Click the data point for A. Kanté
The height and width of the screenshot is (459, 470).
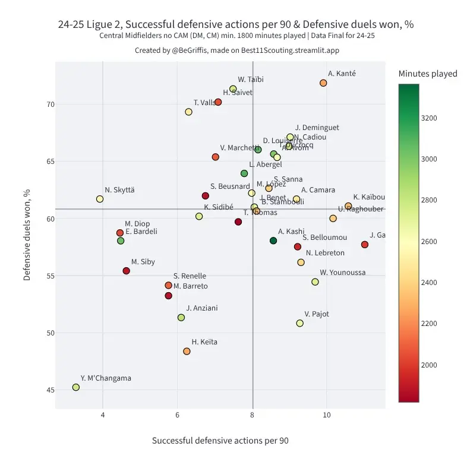[323, 83]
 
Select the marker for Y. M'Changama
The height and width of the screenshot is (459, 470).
[76, 387]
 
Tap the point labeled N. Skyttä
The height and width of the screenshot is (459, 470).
[100, 199]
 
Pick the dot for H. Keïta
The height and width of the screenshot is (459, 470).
[187, 352]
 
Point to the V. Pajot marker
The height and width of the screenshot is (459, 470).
[300, 323]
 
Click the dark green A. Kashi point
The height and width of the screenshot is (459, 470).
[273, 240]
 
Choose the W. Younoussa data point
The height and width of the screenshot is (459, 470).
[315, 282]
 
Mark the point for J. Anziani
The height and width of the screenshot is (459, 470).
[181, 318]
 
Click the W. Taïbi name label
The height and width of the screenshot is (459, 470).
[251, 80]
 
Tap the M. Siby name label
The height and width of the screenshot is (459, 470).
[143, 262]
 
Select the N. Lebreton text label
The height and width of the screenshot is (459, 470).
[325, 253]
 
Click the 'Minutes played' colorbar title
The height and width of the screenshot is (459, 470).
[428, 74]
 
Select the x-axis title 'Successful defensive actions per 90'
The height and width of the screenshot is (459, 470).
[220, 441]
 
